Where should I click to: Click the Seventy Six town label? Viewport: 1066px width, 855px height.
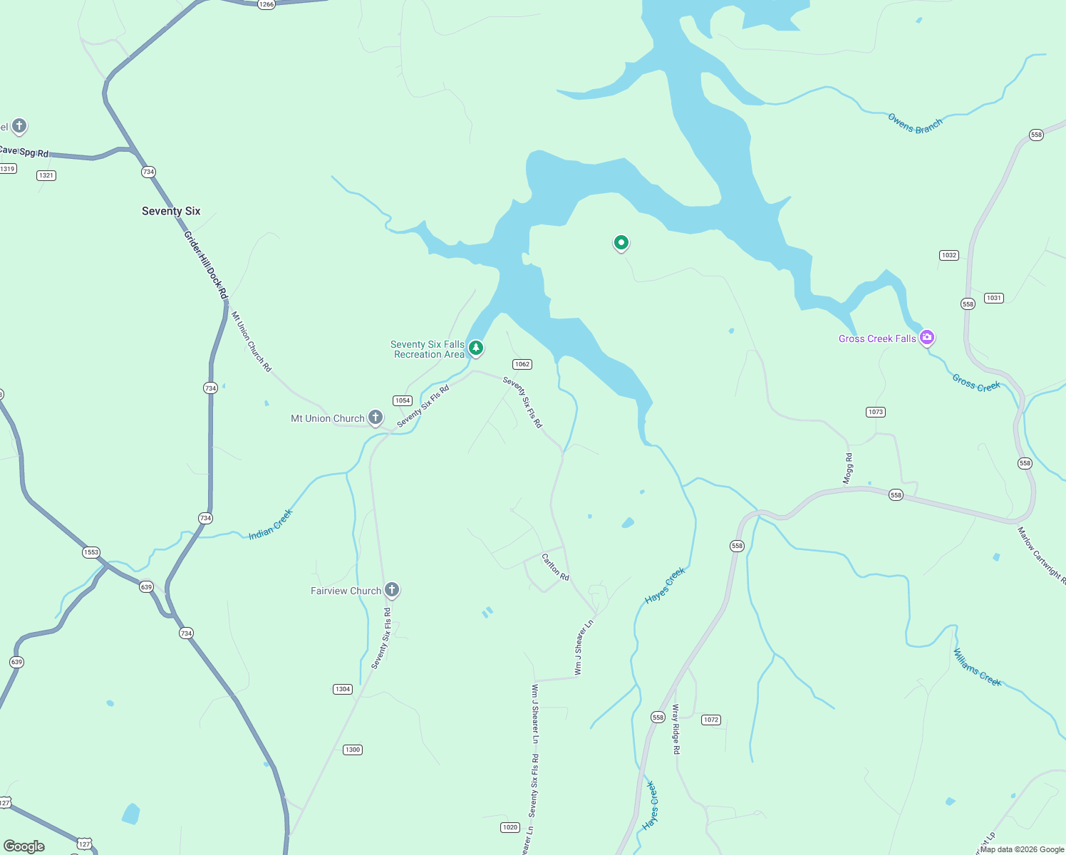pos(171,211)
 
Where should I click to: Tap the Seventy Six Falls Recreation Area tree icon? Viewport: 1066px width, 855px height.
pos(476,348)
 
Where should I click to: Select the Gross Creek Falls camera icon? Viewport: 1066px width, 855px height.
pos(927,337)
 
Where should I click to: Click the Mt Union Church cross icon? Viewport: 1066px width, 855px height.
pos(376,418)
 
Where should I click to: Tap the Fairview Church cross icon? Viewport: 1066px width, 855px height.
pos(391,590)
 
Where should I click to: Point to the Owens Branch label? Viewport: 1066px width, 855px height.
pos(915,123)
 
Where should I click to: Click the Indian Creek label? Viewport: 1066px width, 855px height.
pos(271,524)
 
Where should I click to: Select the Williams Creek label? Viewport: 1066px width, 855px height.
pos(978,668)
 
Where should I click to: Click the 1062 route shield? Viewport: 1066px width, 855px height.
pos(522,364)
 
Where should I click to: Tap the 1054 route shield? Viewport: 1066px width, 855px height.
pos(403,400)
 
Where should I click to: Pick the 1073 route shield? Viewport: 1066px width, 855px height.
pos(876,412)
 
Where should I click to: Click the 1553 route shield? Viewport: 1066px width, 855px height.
pos(91,552)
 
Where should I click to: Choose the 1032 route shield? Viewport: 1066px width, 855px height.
pos(949,255)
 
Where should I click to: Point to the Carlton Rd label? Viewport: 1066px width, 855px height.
pos(556,567)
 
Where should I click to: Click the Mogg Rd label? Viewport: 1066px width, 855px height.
pos(848,468)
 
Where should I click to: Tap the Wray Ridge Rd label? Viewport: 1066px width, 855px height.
pos(676,729)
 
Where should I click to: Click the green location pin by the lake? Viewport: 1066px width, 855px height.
pos(621,243)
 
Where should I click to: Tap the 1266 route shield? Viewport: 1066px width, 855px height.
pos(266,4)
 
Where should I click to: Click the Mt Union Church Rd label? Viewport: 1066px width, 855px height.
pos(252,341)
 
